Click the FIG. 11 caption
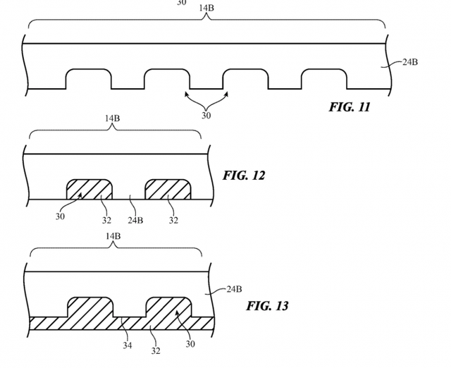coord(349,108)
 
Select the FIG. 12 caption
coord(244,176)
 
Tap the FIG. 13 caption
coord(267,306)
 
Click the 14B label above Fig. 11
coord(206,8)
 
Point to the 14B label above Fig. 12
coord(112,118)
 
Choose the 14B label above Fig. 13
coord(112,235)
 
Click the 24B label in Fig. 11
coord(409,63)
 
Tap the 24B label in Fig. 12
coord(135,219)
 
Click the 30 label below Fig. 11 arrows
coord(206,116)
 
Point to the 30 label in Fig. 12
coord(60,216)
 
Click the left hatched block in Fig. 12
coord(89,190)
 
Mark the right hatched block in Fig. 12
coord(168,190)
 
